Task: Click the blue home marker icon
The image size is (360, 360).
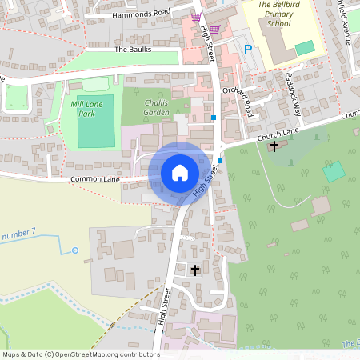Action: pos(179,173)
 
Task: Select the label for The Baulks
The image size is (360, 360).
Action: pos(133,50)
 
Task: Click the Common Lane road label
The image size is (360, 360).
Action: pos(95,180)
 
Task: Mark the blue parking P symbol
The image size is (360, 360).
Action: pos(247,50)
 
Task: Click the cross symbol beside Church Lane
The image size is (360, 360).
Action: pos(274,146)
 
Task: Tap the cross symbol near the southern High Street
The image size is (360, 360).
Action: pos(195,270)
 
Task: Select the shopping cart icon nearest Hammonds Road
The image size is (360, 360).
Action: pos(196,16)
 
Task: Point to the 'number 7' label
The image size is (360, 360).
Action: pos(19,234)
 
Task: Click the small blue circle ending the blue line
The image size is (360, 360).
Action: pos(75,250)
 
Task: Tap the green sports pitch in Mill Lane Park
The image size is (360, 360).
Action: pos(96,132)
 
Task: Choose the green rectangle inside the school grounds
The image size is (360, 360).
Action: pos(305,48)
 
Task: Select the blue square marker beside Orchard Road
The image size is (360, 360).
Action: pos(214,117)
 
